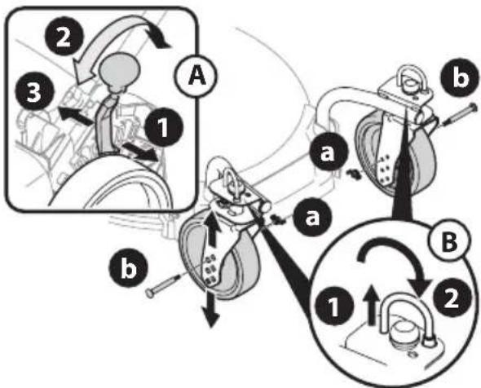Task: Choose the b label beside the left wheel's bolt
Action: click(129, 269)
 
